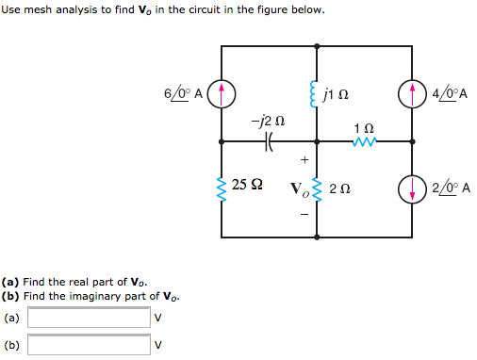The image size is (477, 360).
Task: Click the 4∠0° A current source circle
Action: [x=412, y=93]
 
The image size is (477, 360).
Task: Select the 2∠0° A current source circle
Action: [x=412, y=187]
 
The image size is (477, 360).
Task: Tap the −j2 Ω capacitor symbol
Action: [x=269, y=141]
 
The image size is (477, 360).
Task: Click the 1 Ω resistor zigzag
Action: [x=364, y=141]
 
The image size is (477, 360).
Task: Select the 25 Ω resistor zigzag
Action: [x=222, y=187]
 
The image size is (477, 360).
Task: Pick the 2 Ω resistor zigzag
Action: [x=316, y=188]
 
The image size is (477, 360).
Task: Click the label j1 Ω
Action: [x=337, y=93]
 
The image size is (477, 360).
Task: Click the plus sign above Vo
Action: [x=304, y=159]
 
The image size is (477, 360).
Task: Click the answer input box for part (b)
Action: [x=89, y=345]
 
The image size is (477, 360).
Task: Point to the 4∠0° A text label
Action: [x=450, y=93]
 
